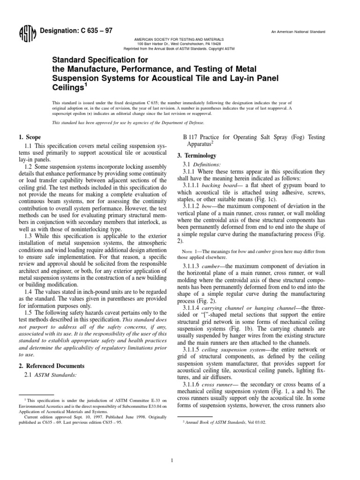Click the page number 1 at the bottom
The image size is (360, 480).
point(173,448)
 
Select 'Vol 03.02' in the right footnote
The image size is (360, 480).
point(255,409)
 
